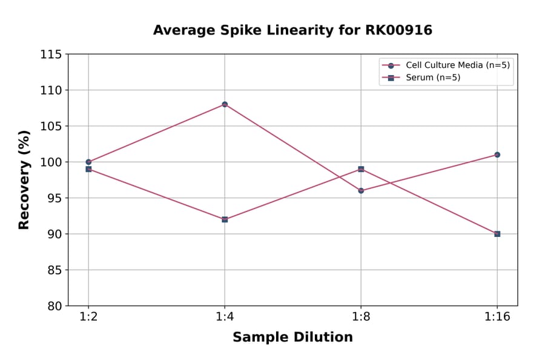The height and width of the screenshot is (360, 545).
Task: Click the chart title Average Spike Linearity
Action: (292, 30)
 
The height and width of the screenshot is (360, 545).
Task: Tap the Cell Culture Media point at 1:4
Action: (225, 104)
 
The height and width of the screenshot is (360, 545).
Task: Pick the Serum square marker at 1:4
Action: (225, 219)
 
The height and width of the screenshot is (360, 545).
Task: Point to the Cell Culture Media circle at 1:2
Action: (88, 162)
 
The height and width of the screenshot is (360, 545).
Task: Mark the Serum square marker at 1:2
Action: (88, 169)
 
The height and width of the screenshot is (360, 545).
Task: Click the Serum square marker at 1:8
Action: (361, 169)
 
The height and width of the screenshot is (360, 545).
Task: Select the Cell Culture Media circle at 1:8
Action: (361, 190)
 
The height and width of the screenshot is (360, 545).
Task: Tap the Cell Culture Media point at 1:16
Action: (497, 155)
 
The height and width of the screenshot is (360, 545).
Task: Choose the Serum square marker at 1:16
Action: (497, 234)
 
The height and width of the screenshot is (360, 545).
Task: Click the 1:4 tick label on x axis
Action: (225, 318)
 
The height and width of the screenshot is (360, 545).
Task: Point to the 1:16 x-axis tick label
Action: (497, 318)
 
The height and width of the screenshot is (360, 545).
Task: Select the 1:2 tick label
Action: (88, 318)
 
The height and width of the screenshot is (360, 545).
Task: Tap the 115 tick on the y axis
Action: (51, 55)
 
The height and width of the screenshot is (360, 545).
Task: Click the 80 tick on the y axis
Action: (54, 306)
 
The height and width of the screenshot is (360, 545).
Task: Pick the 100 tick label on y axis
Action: (51, 162)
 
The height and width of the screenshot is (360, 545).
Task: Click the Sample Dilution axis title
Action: (292, 338)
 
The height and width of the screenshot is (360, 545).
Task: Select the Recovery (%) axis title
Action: (24, 180)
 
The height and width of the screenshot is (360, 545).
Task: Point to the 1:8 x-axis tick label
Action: (361, 318)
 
